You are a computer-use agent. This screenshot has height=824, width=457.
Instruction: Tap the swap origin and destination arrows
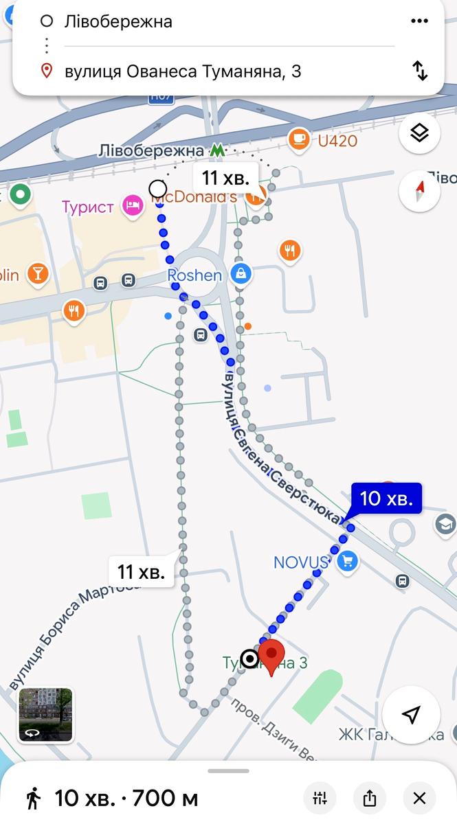[x=420, y=71]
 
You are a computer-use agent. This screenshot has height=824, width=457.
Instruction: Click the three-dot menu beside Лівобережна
[x=419, y=21]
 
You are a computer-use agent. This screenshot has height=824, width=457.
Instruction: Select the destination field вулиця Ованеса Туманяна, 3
[x=183, y=71]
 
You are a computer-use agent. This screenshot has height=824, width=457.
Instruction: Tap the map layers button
[x=419, y=133]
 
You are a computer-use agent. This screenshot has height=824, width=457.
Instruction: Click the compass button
[x=419, y=190]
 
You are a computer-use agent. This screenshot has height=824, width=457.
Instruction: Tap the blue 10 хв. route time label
[x=386, y=499]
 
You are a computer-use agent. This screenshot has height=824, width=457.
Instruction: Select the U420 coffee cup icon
[x=299, y=139]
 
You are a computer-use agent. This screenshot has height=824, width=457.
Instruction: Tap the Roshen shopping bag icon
[x=241, y=275]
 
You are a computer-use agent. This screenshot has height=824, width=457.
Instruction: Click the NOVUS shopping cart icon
[x=348, y=562]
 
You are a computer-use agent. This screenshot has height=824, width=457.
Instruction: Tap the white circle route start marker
[x=158, y=189]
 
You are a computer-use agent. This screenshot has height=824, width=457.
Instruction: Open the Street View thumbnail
[x=45, y=716]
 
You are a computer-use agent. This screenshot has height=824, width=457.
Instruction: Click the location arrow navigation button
[x=410, y=715]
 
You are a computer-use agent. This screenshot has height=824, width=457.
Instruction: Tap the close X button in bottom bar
[x=419, y=798]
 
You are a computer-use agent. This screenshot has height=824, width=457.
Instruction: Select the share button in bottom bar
[x=369, y=798]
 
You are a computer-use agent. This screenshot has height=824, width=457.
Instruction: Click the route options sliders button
[x=320, y=798]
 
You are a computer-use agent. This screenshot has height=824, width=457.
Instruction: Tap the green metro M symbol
[x=217, y=150]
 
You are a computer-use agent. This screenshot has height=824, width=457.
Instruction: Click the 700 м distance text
[x=165, y=799]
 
